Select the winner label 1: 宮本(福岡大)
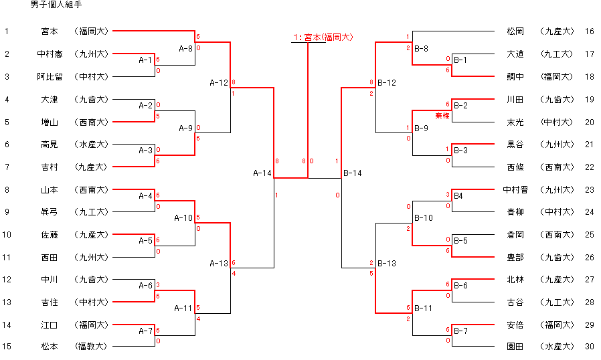tap(323, 37)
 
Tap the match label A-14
tap(262, 173)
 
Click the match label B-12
tap(387, 83)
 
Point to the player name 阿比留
tap(50, 76)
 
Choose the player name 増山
tap(50, 122)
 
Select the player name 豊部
tap(515, 257)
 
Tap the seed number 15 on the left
tap(7, 347)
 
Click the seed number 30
tap(589, 347)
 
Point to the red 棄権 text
tap(442, 116)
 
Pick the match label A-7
tap(146, 331)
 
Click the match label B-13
tap(387, 263)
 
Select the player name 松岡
tap(515, 31)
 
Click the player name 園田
tap(515, 347)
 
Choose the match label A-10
tap(183, 218)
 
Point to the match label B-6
tap(460, 286)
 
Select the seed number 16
tap(589, 31)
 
